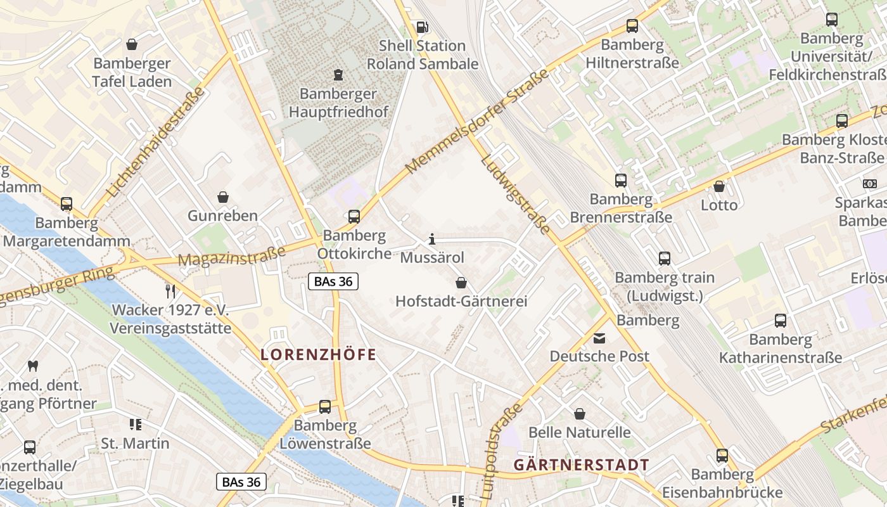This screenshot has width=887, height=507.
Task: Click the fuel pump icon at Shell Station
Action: click(x=422, y=27)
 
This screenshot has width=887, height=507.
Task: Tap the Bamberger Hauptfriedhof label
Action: click(x=338, y=103)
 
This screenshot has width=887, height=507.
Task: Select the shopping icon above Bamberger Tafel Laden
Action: click(x=132, y=44)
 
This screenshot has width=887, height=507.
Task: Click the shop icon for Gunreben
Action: click(x=223, y=197)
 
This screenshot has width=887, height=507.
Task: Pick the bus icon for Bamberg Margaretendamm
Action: click(x=67, y=204)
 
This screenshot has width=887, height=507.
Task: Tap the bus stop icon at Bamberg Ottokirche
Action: click(x=354, y=217)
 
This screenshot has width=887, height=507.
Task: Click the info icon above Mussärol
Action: click(x=432, y=239)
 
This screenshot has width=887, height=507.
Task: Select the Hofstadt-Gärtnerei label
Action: click(x=461, y=301)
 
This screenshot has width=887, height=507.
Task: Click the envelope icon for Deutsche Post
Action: click(x=599, y=338)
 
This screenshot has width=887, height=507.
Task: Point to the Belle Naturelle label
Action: click(x=579, y=432)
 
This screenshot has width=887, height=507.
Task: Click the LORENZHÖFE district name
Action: click(x=318, y=355)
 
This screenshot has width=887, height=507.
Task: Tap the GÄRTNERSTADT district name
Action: click(x=581, y=465)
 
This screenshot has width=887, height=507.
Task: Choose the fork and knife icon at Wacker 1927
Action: click(x=170, y=291)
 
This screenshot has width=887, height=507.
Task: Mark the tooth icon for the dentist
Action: click(x=33, y=366)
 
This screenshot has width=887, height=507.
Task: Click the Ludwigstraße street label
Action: click(x=515, y=194)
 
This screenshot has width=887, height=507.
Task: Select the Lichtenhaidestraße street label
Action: click(x=156, y=141)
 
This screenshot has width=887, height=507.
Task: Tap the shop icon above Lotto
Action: click(x=718, y=186)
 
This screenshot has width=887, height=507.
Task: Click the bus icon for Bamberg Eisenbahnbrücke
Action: click(x=722, y=455)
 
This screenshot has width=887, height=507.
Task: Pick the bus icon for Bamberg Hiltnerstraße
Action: click(x=632, y=26)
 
